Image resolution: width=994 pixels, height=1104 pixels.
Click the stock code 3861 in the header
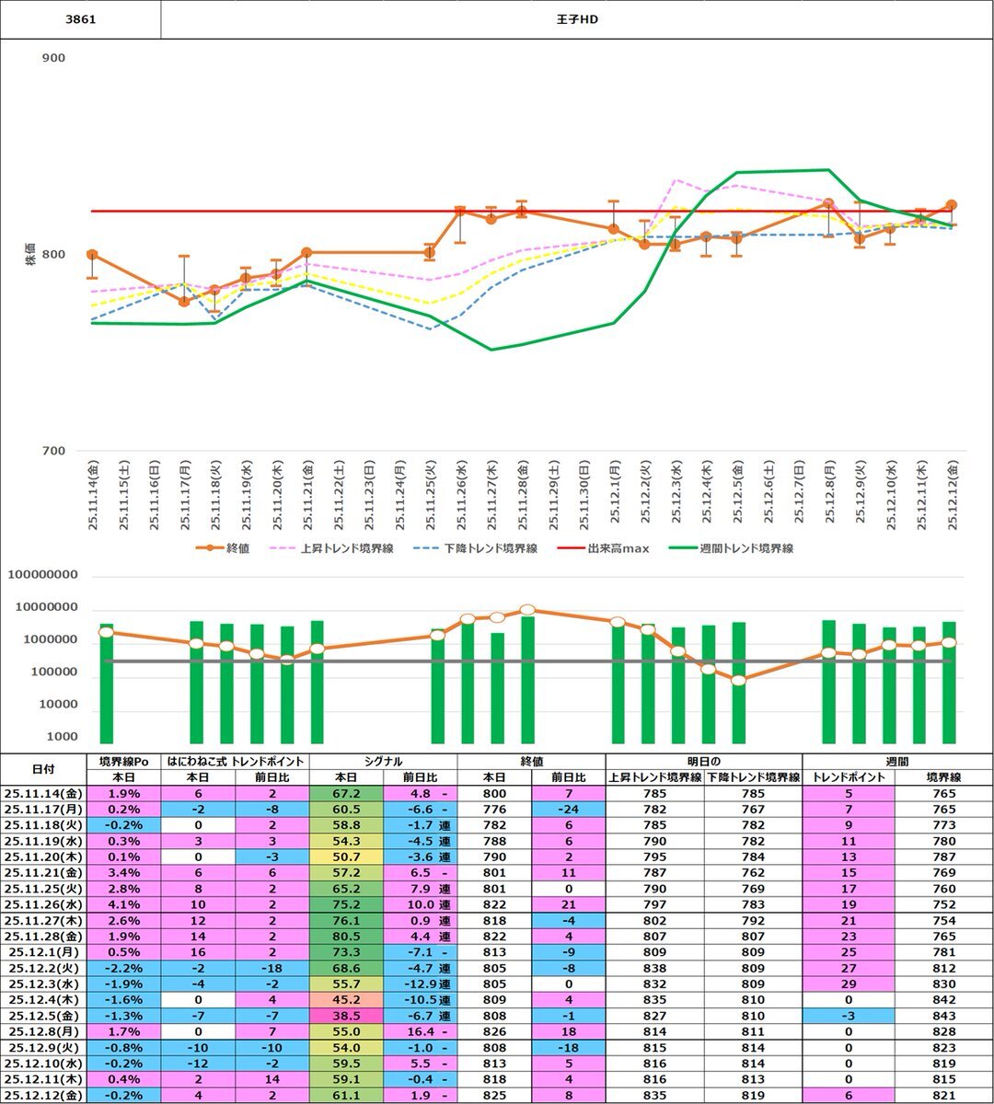tap(80, 19)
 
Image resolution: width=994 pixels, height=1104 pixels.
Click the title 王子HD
tap(578, 19)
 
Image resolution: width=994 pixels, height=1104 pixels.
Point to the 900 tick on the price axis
tap(53, 58)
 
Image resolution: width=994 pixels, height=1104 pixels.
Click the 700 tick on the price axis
tap(53, 451)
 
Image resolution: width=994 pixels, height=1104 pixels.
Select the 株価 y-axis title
tap(30, 254)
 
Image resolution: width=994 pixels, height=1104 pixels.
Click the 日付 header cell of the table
tap(42, 769)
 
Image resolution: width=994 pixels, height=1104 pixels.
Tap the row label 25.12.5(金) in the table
tap(42, 1016)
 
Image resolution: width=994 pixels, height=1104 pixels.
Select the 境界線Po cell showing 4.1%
tap(124, 904)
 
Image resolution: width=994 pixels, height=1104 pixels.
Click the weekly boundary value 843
tap(944, 1016)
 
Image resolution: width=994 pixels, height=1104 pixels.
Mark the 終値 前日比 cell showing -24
tap(569, 809)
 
